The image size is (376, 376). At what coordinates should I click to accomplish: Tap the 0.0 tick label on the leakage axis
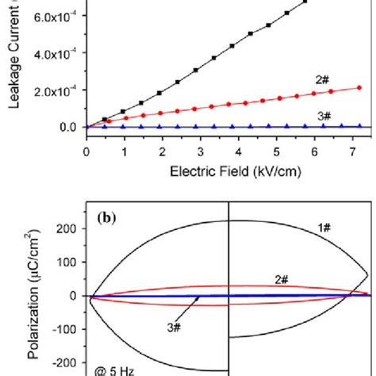click(67, 127)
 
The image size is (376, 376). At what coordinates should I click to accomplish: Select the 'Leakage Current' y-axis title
click(11, 63)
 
